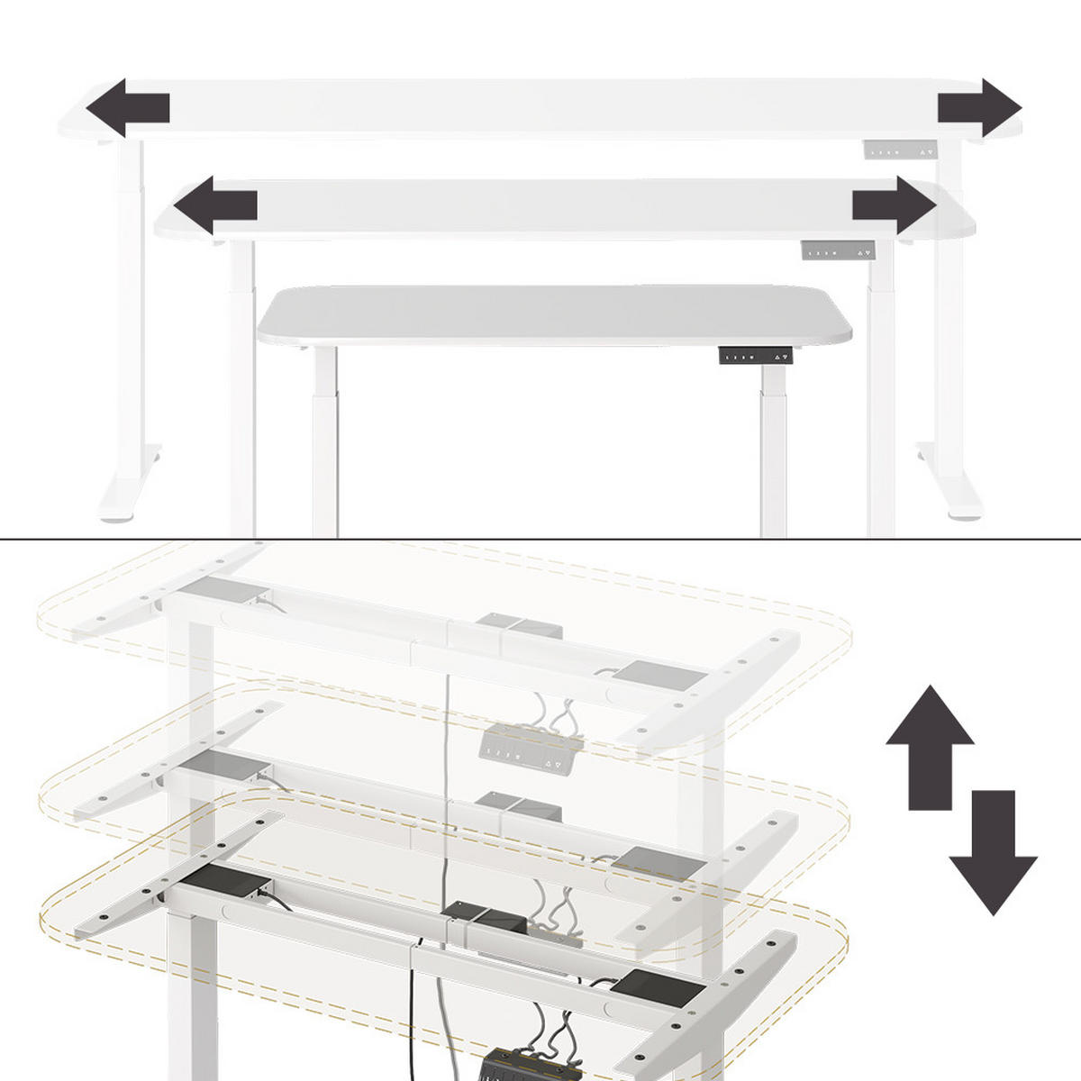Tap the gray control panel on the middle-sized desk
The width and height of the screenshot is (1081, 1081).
click(x=838, y=251)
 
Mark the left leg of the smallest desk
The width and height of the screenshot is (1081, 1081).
click(x=325, y=441)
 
